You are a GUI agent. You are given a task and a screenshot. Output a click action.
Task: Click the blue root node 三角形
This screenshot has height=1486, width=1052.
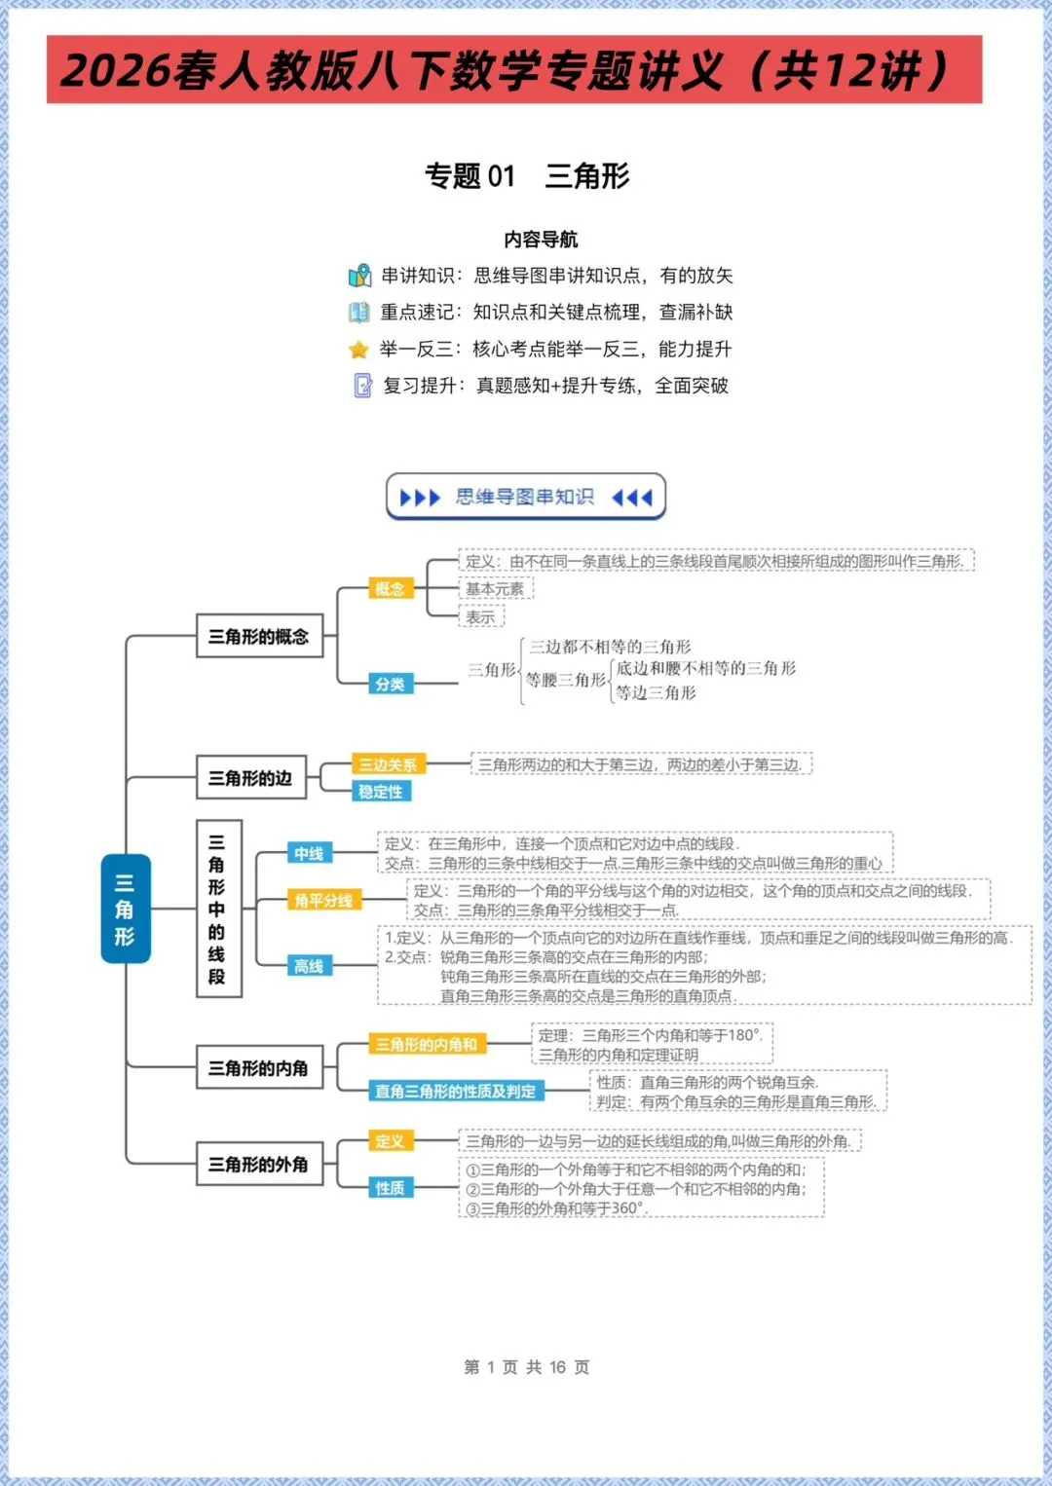click(x=126, y=909)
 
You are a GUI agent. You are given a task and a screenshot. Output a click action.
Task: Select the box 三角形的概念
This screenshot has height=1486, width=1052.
click(x=259, y=637)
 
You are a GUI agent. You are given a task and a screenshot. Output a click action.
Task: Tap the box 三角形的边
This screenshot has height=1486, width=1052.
click(x=250, y=778)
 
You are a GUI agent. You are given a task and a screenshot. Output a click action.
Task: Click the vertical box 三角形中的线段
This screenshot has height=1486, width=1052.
click(x=218, y=909)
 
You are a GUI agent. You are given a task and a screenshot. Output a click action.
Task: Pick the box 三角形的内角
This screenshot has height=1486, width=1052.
click(x=259, y=1068)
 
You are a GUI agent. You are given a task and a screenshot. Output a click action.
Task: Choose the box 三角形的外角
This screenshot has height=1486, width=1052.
click(x=259, y=1164)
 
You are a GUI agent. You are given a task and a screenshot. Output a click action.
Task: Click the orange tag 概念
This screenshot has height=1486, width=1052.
click(x=390, y=588)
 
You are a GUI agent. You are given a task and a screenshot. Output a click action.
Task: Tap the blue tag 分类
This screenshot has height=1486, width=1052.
click(x=390, y=684)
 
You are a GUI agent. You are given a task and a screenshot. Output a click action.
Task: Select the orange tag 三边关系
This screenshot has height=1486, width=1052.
click(x=388, y=764)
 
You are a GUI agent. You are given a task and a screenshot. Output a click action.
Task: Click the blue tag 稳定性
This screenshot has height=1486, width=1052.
click(x=381, y=792)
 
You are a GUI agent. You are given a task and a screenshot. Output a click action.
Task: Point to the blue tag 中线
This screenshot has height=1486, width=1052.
click(x=309, y=853)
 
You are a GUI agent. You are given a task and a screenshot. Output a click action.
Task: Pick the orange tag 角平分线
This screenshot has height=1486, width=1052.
click(x=323, y=900)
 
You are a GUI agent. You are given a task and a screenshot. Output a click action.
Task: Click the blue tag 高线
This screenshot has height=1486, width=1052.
click(x=309, y=966)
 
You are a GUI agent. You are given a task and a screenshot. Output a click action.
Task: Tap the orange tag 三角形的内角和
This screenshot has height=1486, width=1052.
click(x=427, y=1044)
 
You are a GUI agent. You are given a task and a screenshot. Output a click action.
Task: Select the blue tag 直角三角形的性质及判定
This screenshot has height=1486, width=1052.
click(x=456, y=1091)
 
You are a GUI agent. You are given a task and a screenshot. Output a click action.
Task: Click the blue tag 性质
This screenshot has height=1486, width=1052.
click(x=390, y=1187)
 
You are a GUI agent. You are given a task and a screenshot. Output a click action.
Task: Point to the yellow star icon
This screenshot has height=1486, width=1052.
click(x=359, y=349)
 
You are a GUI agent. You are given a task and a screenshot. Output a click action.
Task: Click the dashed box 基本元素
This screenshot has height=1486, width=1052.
click(x=495, y=589)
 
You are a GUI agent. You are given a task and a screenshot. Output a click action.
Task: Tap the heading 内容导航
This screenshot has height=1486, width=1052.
click(x=541, y=240)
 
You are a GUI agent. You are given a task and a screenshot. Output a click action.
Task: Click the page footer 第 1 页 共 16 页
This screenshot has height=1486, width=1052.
click(x=527, y=1367)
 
